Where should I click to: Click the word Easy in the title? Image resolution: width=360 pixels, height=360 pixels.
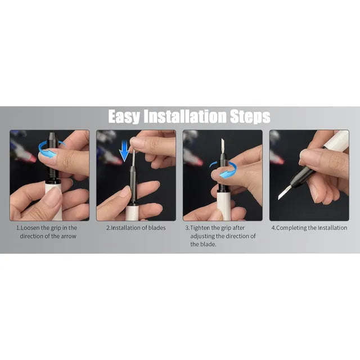pos(124,116)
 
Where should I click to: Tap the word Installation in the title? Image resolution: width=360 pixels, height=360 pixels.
pos(185,116)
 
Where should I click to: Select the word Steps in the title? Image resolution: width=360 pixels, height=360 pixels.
pos(250,116)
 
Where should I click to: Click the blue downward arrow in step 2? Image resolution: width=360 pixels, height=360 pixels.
pos(124,151)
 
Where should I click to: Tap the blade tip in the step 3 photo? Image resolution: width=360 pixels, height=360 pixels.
pos(222,139)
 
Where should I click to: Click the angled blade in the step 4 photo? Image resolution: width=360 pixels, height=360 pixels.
pos(284,192)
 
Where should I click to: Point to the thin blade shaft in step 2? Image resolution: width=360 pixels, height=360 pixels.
pos(134,157)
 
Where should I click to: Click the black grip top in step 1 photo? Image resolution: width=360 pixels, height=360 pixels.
pos(52,137)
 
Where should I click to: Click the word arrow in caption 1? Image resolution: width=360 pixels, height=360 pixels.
pos(69,236)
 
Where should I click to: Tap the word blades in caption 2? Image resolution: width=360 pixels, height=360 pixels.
pos(157,228)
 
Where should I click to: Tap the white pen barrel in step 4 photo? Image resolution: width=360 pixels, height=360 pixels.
pos(336,139)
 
